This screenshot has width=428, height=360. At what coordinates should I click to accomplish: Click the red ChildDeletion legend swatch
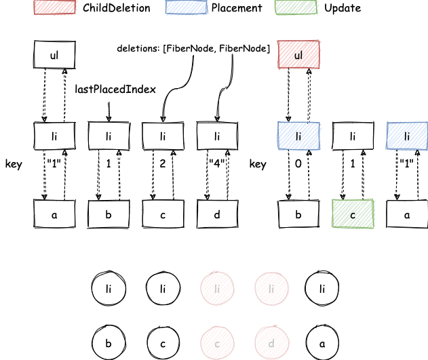pyautogui.click(x=54, y=7)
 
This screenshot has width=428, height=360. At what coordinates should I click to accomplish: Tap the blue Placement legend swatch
pyautogui.click(x=186, y=7)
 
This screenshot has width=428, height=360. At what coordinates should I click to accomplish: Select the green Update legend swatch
pyautogui.click(x=296, y=7)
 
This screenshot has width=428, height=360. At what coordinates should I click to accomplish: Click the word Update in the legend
pyautogui.click(x=343, y=8)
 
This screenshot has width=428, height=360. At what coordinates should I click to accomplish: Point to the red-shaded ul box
pyautogui.click(x=298, y=55)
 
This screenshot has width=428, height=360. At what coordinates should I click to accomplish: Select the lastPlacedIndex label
pyautogui.click(x=115, y=89)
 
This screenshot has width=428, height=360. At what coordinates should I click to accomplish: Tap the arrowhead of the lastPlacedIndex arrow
pyautogui.click(x=109, y=119)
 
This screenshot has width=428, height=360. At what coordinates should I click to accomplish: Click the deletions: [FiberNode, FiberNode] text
pyautogui.click(x=193, y=49)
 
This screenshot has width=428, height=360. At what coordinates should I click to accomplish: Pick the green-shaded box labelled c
pyautogui.click(x=353, y=214)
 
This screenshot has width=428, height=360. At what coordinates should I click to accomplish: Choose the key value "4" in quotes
pyautogui.click(x=217, y=163)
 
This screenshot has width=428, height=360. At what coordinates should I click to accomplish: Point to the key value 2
pyautogui.click(x=163, y=163)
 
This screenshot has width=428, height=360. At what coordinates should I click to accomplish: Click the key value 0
pyautogui.click(x=298, y=163)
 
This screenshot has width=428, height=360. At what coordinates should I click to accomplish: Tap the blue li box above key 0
pyautogui.click(x=298, y=136)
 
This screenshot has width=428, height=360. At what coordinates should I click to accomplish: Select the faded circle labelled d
pyautogui.click(x=271, y=342)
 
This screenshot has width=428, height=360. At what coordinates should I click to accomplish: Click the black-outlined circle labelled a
pyautogui.click(x=322, y=342)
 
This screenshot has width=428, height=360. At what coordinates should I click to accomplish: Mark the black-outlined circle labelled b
pyautogui.click(x=109, y=342)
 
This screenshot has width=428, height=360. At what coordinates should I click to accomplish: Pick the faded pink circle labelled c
pyautogui.click(x=217, y=342)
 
